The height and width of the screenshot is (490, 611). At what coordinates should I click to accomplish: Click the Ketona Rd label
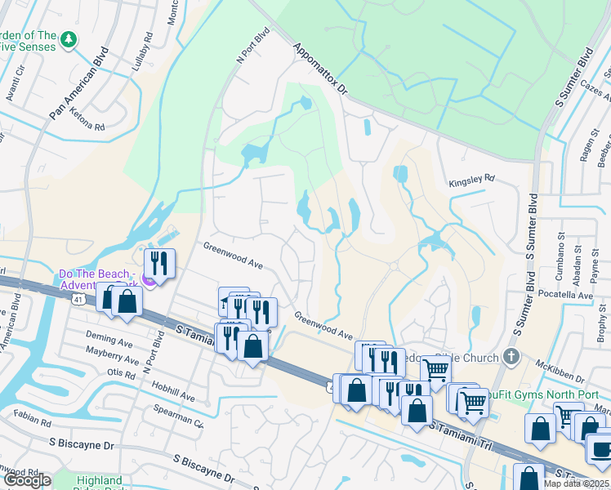tap(88, 127)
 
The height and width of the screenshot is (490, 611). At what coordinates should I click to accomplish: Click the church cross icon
tap(511, 356)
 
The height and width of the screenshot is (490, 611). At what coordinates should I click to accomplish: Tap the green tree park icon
tap(69, 38)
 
